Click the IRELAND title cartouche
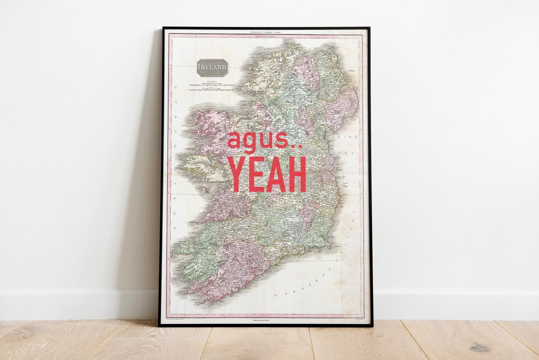[x=212, y=68]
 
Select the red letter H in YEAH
[x=297, y=174]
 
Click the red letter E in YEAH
[x=257, y=174]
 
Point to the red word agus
[x=258, y=140]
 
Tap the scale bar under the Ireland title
[x=211, y=87]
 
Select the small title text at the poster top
[x=265, y=32]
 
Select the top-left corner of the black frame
[x=163, y=28]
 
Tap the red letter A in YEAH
[x=277, y=174]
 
